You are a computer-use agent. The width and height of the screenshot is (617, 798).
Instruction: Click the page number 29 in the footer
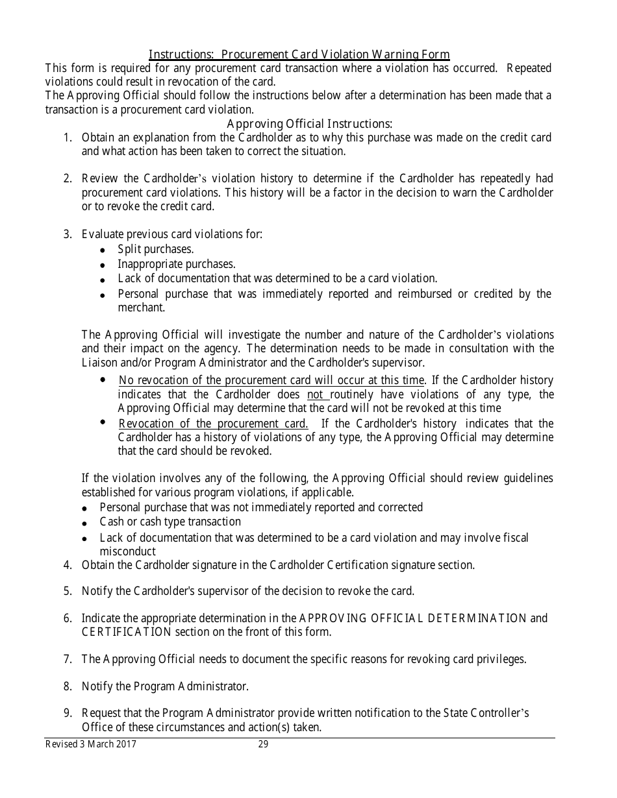[x=263, y=745]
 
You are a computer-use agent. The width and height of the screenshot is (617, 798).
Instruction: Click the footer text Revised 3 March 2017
[x=90, y=745]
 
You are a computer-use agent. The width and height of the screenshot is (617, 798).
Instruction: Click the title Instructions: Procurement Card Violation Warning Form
[x=299, y=54]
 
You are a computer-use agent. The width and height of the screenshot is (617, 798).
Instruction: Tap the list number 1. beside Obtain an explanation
[x=68, y=138]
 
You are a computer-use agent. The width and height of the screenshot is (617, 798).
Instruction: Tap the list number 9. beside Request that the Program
[x=68, y=713]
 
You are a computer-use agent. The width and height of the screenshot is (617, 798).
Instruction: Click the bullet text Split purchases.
[x=156, y=249]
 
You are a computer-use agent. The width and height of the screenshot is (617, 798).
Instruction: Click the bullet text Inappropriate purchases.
[x=176, y=264]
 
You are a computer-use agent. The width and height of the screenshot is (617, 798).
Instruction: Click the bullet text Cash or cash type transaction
[x=170, y=522]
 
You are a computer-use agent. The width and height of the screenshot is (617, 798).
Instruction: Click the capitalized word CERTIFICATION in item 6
[x=126, y=632]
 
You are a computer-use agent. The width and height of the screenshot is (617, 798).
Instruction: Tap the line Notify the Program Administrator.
[x=165, y=686]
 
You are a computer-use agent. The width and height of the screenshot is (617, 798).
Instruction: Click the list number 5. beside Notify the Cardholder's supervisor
[x=68, y=591]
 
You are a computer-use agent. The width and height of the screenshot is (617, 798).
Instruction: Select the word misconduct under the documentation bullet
[x=127, y=551]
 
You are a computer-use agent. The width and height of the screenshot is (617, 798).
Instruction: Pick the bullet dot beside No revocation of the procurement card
[x=103, y=380]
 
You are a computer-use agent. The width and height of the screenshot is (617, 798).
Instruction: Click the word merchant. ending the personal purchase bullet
[x=141, y=308]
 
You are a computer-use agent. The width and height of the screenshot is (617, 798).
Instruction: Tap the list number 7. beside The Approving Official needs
[x=68, y=659]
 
